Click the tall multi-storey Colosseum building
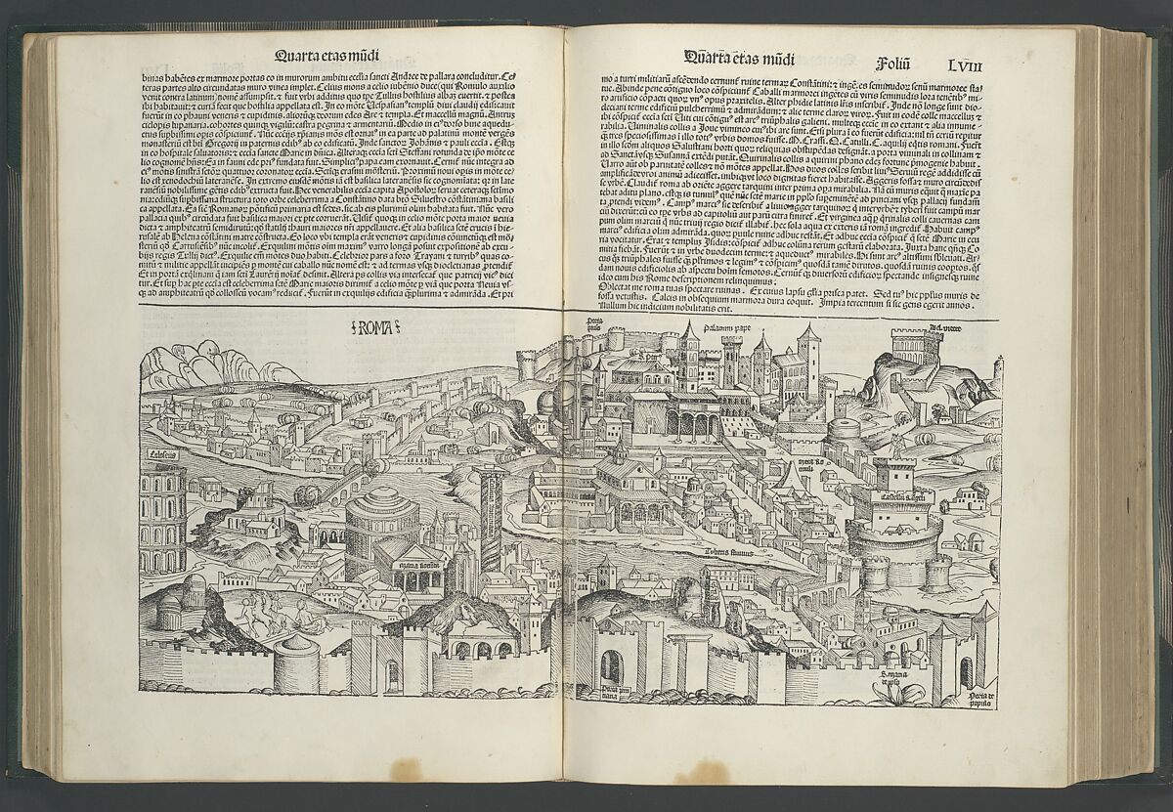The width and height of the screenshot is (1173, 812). [162, 518]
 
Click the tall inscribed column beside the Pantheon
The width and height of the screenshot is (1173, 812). [491, 518]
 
